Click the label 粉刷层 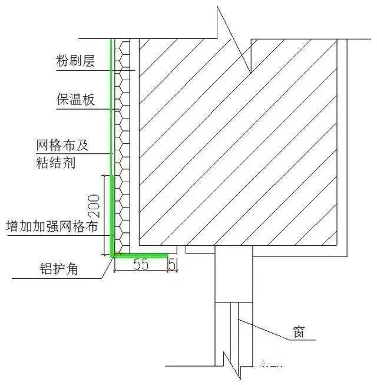[x=75, y=61]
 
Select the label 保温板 [x=75, y=100]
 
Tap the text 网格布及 [x=62, y=145]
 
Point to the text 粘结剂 [x=55, y=163]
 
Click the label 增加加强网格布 [x=52, y=226]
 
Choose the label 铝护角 [x=59, y=269]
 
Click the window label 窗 [x=299, y=332]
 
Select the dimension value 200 [x=94, y=206]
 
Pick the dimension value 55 [x=141, y=265]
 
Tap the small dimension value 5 [x=173, y=265]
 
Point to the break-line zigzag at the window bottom [x=232, y=366]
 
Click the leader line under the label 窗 [x=277, y=330]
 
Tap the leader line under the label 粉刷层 [x=95, y=71]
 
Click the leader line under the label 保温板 [x=88, y=109]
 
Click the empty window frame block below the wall [x=234, y=274]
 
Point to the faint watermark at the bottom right [x=270, y=363]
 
